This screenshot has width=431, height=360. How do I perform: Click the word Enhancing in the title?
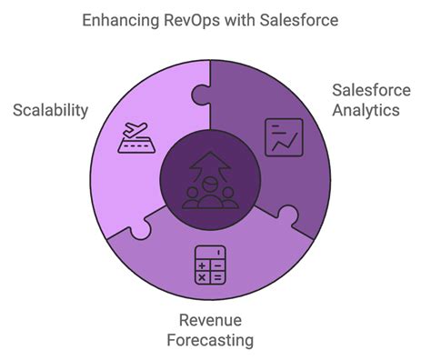coord(115,19)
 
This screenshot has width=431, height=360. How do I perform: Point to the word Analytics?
coord(366,111)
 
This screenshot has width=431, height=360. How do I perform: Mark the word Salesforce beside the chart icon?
coord(366,91)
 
